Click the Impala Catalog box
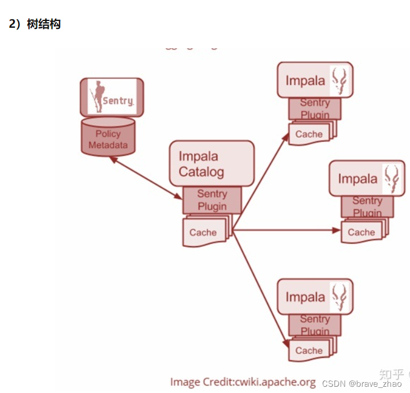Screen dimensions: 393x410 [x=211, y=163]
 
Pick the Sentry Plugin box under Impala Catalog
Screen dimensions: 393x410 [x=212, y=200]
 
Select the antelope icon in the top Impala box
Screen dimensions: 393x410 [x=340, y=80]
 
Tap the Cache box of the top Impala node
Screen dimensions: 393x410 [x=309, y=134]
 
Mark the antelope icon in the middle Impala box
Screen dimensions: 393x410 [x=391, y=178]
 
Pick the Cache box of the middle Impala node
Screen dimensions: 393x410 [x=361, y=232]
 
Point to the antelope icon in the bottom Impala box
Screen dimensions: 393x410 [x=340, y=297]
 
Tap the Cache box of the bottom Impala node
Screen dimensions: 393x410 [x=309, y=350]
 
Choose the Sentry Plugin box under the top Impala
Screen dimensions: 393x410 [x=315, y=108]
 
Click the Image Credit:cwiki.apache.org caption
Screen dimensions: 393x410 [x=243, y=382]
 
